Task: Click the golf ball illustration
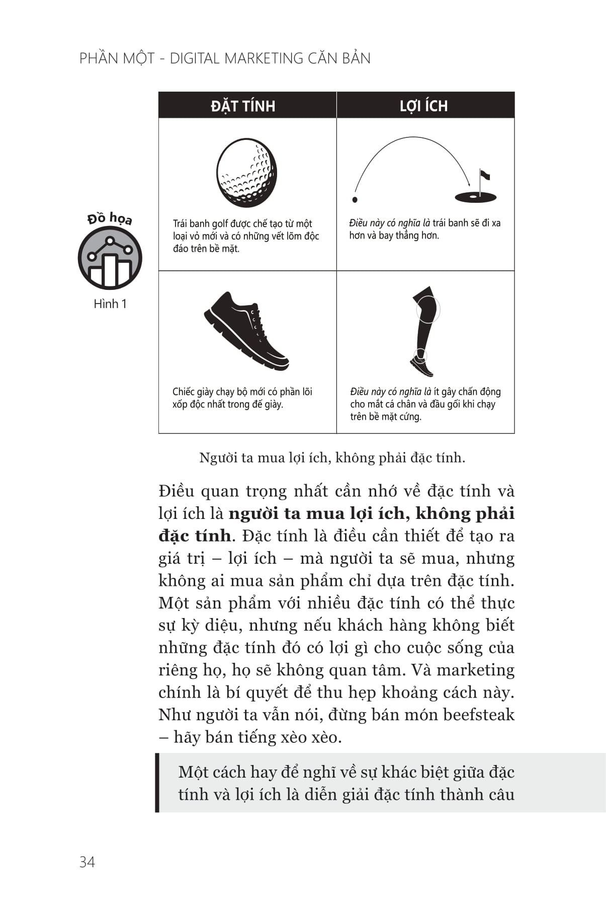(x=246, y=173)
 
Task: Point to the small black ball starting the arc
(x=355, y=200)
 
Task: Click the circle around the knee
(x=428, y=309)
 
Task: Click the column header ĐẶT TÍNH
(x=243, y=106)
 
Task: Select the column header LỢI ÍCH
(x=423, y=106)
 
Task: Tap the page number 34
(x=87, y=862)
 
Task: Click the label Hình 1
(x=110, y=304)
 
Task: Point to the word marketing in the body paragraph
(x=475, y=670)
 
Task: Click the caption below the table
(x=332, y=458)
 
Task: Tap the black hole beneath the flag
(x=475, y=197)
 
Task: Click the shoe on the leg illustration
(x=422, y=366)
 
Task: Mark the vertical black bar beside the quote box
(x=157, y=783)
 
